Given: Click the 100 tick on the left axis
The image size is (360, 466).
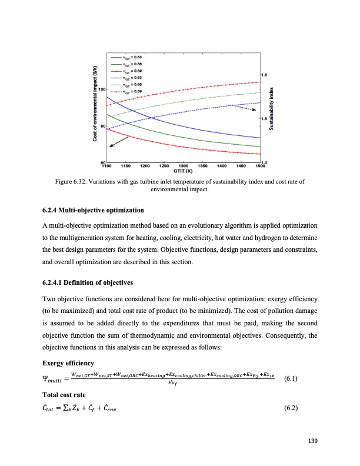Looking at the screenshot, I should (101, 89).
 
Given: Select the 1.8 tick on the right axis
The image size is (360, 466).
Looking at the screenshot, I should (264, 75).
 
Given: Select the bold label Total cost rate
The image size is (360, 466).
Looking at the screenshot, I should (65, 388).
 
